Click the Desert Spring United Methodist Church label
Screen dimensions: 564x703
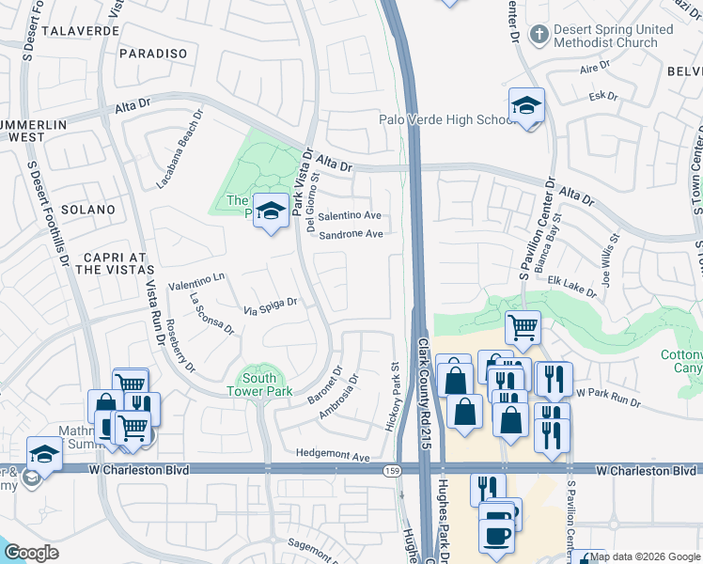(x=613, y=36)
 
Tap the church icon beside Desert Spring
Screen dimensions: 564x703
(x=539, y=36)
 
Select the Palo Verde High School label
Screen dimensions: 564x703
(x=444, y=119)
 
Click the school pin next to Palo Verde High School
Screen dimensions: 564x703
(x=526, y=105)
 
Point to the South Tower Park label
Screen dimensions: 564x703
(x=259, y=384)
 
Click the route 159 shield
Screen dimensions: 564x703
(x=389, y=468)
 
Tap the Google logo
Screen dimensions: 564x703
(x=32, y=553)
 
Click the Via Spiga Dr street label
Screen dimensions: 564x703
(x=271, y=305)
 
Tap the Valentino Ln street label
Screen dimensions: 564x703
(x=196, y=280)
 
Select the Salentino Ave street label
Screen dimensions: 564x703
(x=350, y=215)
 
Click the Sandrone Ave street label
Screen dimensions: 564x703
(x=351, y=234)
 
